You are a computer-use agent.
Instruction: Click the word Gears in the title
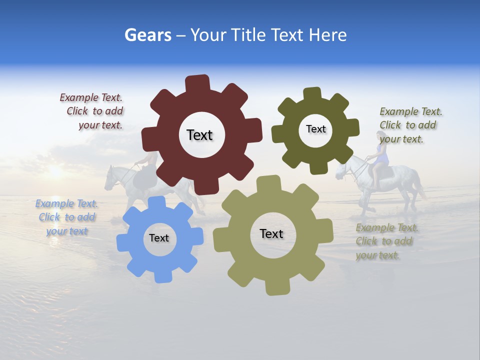(147, 35)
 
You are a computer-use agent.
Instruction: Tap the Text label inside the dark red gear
(199, 135)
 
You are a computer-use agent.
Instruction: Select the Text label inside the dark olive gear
(315, 129)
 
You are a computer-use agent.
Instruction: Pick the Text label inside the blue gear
(159, 238)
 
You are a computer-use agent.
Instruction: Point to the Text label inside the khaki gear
(271, 233)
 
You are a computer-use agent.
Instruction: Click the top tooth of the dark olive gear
(312, 94)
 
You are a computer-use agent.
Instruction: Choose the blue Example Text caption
(66, 217)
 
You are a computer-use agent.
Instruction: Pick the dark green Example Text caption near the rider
(410, 125)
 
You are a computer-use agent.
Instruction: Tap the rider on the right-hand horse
(381, 155)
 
